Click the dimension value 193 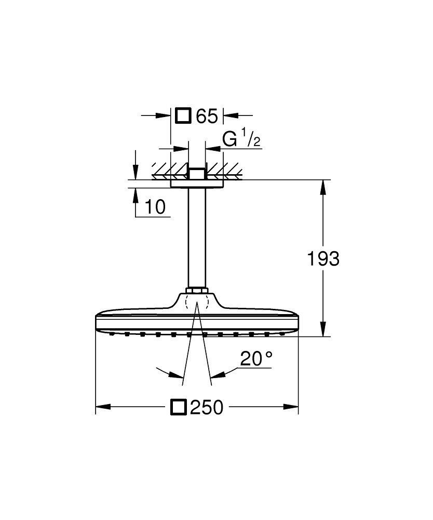pos(323,258)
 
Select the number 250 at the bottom pos(206,407)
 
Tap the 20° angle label pos(256,359)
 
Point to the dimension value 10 pos(155,207)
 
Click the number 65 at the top pos(207,116)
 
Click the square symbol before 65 pos(184,115)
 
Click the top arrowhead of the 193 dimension pos(323,185)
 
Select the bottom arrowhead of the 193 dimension pos(323,332)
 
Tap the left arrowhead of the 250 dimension pos(101,407)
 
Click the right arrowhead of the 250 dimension pos(294,407)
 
